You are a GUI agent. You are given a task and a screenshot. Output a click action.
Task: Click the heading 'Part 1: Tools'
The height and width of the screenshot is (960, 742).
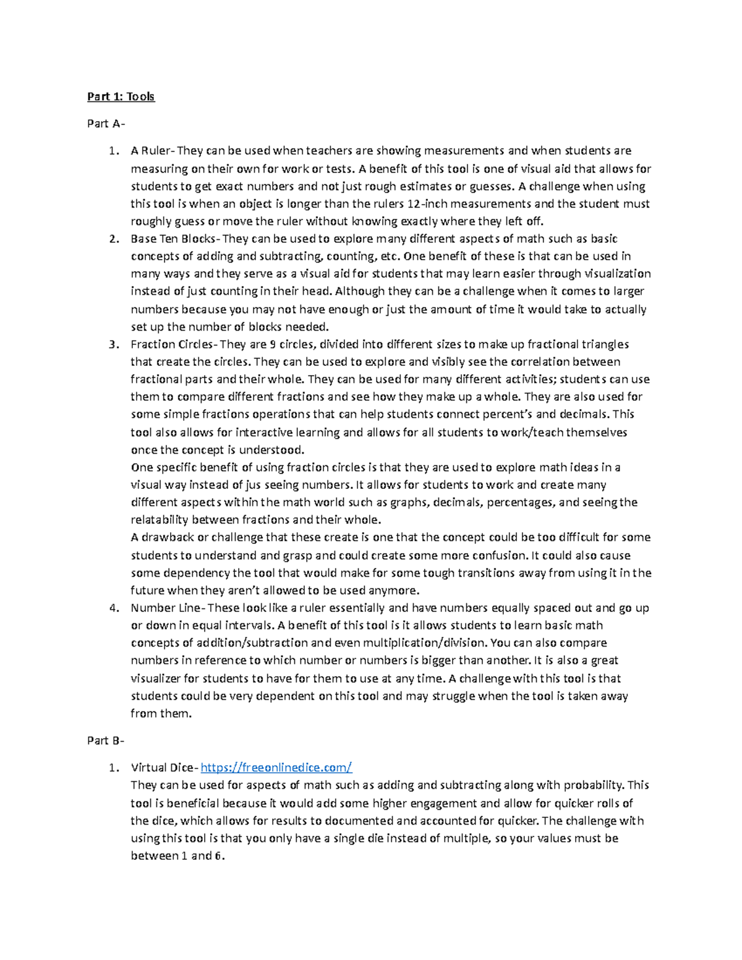pos(121,96)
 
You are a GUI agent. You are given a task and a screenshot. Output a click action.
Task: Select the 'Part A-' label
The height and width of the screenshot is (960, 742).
pos(106,124)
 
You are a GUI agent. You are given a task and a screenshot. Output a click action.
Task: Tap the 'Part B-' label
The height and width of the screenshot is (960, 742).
pos(106,741)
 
